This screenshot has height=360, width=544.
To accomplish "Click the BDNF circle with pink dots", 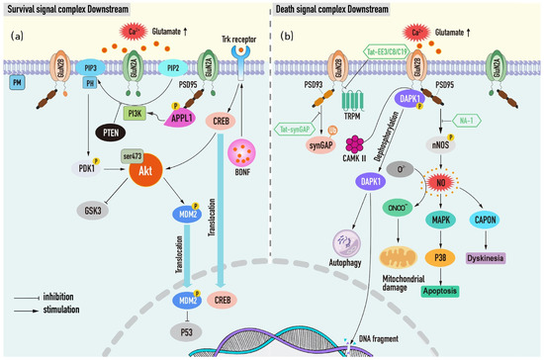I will coord(243,154).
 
